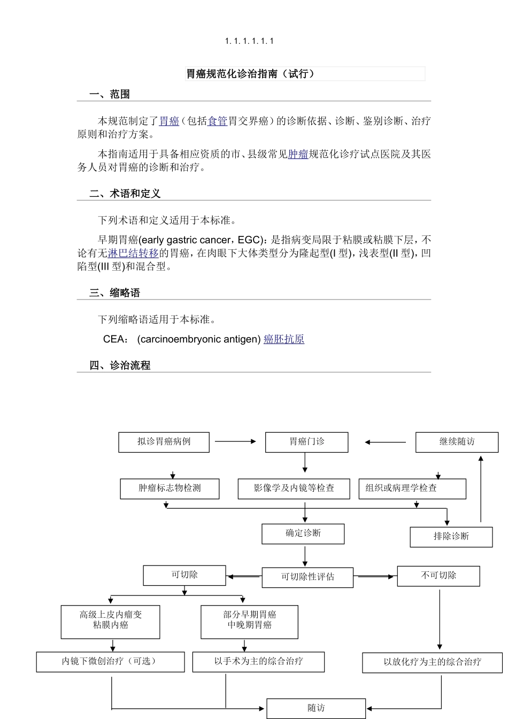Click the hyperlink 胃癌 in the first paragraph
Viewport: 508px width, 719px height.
click(x=169, y=121)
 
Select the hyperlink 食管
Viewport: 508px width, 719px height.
click(x=218, y=121)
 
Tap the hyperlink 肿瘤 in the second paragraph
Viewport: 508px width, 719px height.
click(x=298, y=155)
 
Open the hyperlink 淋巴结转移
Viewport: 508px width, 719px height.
click(x=133, y=254)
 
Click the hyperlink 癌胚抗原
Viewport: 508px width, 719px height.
click(x=284, y=339)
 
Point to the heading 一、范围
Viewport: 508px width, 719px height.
click(x=110, y=95)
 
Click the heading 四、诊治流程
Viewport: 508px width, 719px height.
click(x=120, y=366)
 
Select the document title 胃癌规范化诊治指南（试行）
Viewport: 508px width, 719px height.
click(x=250, y=74)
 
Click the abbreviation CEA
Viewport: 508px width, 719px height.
click(x=114, y=339)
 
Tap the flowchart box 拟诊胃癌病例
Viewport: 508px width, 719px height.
click(x=164, y=442)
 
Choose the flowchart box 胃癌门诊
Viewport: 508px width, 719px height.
click(x=307, y=442)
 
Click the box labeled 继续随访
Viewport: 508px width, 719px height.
click(x=457, y=442)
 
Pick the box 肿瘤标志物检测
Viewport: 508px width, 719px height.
click(x=170, y=488)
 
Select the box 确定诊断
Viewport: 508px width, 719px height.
click(x=303, y=533)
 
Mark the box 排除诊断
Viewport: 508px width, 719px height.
click(x=451, y=537)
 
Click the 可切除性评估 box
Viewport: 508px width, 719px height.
click(x=307, y=577)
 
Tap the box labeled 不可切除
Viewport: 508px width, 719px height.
click(x=438, y=576)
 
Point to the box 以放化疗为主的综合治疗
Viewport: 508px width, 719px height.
click(x=432, y=662)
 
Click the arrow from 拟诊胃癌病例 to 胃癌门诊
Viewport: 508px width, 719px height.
click(x=236, y=441)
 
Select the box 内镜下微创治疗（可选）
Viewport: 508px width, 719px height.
click(x=110, y=662)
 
